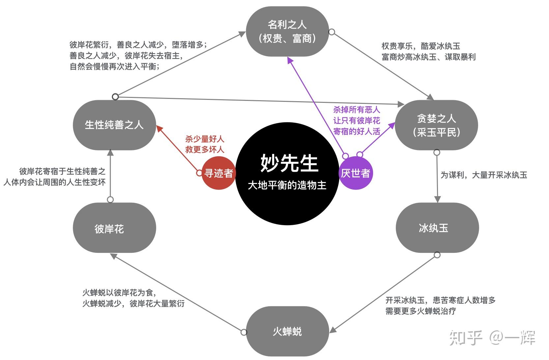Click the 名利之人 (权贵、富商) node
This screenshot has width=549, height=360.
click(287, 32)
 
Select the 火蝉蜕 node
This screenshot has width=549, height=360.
click(287, 331)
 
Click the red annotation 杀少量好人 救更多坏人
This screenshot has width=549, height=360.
click(204, 144)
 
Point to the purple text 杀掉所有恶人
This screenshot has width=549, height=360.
click(357, 110)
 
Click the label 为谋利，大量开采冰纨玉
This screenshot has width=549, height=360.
click(484, 175)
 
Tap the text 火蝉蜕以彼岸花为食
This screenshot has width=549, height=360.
click(119, 292)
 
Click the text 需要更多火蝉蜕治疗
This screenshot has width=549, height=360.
click(420, 311)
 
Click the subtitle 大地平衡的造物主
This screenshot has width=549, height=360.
click(287, 185)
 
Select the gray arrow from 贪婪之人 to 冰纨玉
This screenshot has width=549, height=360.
click(437, 178)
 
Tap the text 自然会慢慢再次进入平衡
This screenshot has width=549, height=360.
click(114, 67)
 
